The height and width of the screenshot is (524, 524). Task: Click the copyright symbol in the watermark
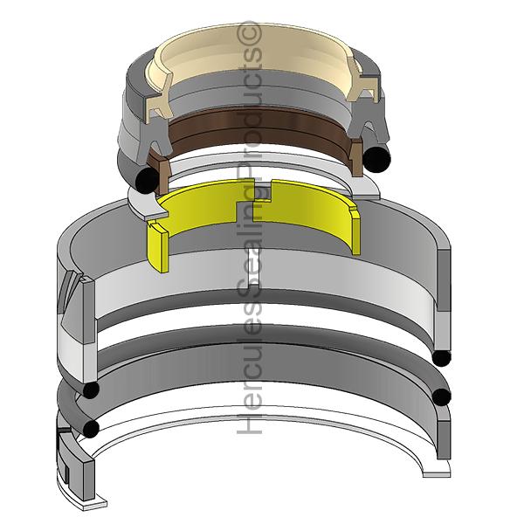249,34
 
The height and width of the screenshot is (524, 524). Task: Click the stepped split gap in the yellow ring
254,201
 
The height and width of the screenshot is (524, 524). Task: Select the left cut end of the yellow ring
158,245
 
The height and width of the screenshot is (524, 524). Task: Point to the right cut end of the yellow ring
356,231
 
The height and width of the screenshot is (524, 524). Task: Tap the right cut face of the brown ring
356,158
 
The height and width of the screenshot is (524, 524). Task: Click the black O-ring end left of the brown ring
147,180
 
